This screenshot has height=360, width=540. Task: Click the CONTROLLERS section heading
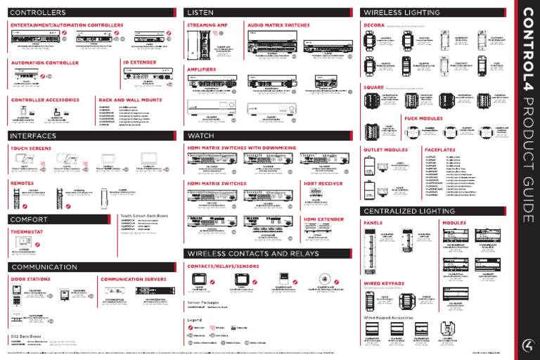pos(38,13)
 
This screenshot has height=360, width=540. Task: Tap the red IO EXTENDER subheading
pos(140,62)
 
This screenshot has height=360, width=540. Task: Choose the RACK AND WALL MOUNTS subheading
pos(130,101)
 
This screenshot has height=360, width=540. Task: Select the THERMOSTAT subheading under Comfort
pos(27,231)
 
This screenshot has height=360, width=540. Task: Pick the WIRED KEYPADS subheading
pos(384,283)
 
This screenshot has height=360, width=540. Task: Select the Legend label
pos(195,319)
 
